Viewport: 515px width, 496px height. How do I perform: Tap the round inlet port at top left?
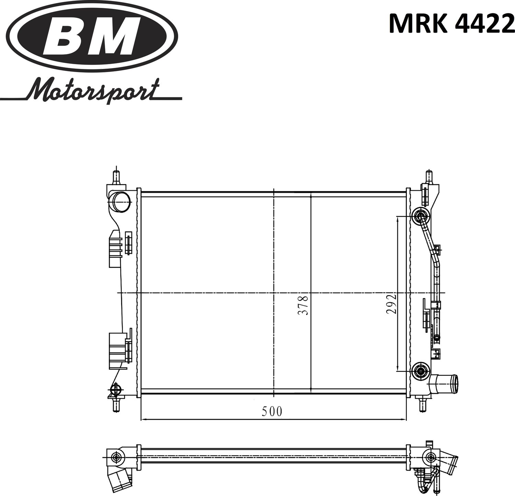click(120, 202)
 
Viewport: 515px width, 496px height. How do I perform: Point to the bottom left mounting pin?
click(117, 405)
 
